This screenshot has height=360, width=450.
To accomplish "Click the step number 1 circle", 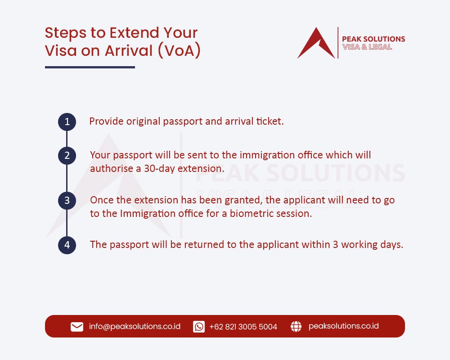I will (x=67, y=121).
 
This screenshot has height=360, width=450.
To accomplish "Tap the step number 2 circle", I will (x=67, y=156).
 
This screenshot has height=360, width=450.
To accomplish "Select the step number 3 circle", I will (x=67, y=200).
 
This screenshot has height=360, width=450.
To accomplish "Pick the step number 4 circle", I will (x=67, y=245).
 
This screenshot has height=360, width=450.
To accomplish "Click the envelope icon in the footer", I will (x=77, y=327).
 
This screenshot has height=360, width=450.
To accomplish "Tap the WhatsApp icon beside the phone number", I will (x=199, y=327).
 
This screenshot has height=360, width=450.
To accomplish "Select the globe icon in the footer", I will (x=296, y=327).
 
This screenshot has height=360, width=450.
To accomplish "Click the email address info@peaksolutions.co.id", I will (x=135, y=326).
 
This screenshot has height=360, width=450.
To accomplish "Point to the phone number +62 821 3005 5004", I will (x=243, y=327).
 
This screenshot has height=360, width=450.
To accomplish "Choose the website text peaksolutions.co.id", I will (x=343, y=326).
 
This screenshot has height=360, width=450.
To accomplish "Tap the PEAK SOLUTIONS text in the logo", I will (x=373, y=39).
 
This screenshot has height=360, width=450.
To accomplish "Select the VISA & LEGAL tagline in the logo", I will (x=367, y=47).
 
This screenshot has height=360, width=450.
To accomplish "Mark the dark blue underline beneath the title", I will (x=90, y=67).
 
